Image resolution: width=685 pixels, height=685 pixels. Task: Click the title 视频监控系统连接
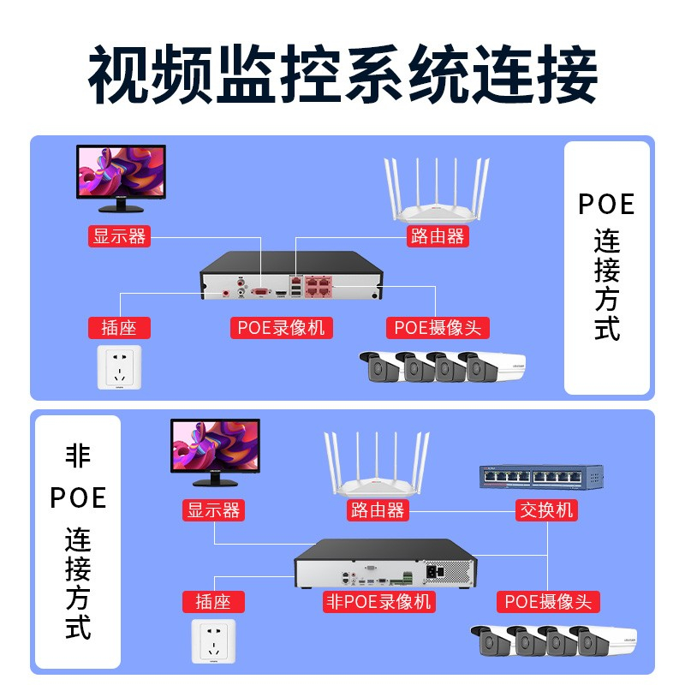coord(342,75)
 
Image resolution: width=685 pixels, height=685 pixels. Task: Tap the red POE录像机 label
coord(281,327)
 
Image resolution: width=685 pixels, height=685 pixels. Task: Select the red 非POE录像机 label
coord(378,601)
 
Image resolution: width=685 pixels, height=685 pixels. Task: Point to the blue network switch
coord(541,477)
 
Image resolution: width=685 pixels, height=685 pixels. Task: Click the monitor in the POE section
coord(121,176)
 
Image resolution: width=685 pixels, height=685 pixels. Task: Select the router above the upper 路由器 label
coord(436,193)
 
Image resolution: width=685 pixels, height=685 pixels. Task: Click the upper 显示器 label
coord(120,235)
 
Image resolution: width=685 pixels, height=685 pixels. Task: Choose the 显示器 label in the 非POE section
coord(214,510)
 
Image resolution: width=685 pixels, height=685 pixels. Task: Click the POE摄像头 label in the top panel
coord(438,327)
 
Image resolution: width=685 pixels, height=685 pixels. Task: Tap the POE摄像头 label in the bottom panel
coord(548,601)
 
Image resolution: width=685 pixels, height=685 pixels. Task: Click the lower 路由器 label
coord(377,510)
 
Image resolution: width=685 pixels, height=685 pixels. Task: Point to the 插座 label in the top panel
coord(119,327)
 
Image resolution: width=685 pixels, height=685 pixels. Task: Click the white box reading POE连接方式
coord(607,267)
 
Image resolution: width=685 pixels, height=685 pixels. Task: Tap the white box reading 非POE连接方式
coord(77,541)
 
